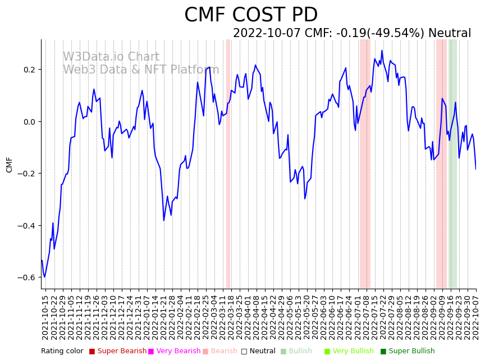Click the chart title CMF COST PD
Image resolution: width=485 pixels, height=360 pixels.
click(x=250, y=15)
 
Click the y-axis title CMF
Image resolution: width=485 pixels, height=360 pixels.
click(x=10, y=165)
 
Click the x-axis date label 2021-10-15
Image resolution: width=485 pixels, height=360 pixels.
click(x=45, y=317)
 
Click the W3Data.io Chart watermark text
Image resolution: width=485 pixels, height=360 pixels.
click(x=111, y=57)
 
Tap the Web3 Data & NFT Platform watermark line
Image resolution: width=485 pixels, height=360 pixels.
click(x=141, y=70)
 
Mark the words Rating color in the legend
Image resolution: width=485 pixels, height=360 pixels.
click(x=62, y=351)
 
